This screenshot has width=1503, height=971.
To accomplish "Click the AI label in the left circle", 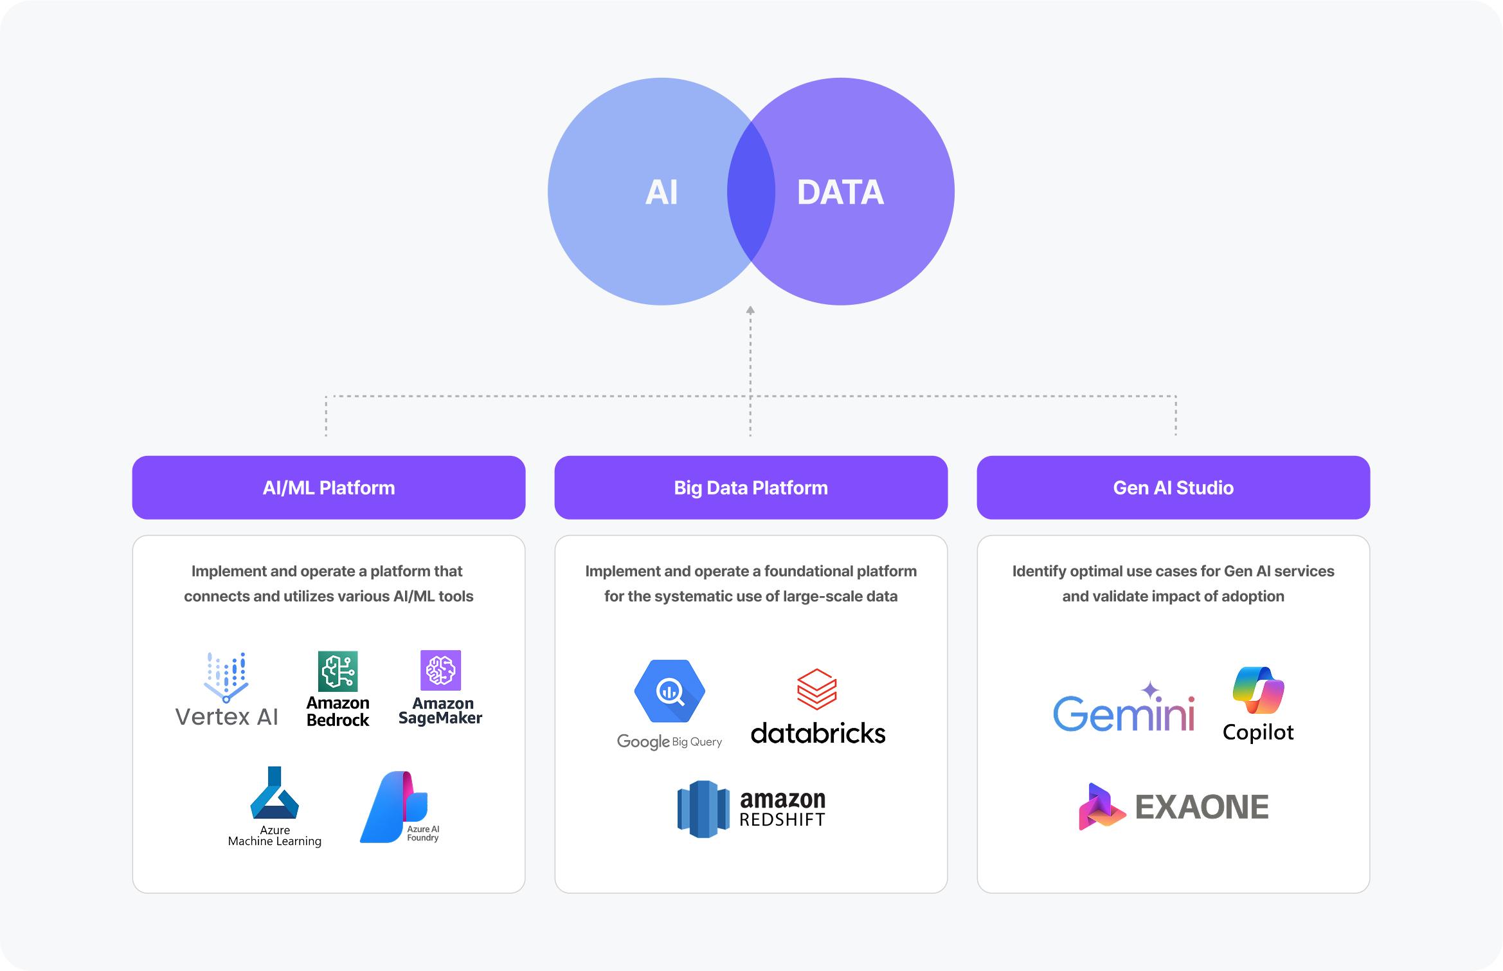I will click(661, 192).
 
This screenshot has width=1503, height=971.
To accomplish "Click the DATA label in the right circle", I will click(840, 192).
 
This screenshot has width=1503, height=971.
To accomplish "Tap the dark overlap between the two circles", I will click(751, 192).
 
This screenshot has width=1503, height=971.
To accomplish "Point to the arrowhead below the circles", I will click(750, 311).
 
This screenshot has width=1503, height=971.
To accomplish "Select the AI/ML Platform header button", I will click(328, 487).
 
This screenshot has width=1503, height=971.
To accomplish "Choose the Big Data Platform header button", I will click(751, 487).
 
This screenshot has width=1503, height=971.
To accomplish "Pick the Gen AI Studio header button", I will click(1173, 487).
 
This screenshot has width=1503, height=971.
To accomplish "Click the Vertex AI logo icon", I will click(226, 677).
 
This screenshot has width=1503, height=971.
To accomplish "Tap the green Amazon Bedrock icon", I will click(338, 671).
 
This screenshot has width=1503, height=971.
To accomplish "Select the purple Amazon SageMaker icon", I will click(440, 670).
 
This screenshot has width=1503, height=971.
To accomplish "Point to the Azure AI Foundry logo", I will click(394, 807).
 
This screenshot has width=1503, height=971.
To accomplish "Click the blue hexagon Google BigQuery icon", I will click(670, 691).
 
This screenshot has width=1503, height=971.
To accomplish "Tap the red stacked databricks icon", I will click(817, 689).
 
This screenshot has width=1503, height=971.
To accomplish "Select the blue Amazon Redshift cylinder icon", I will click(703, 809).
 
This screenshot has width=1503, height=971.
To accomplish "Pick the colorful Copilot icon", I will click(1258, 690).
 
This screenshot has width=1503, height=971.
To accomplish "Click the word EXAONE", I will click(1201, 808).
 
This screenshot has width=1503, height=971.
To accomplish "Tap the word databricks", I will click(818, 734).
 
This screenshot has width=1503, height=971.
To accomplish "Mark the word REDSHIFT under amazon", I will click(782, 820).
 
